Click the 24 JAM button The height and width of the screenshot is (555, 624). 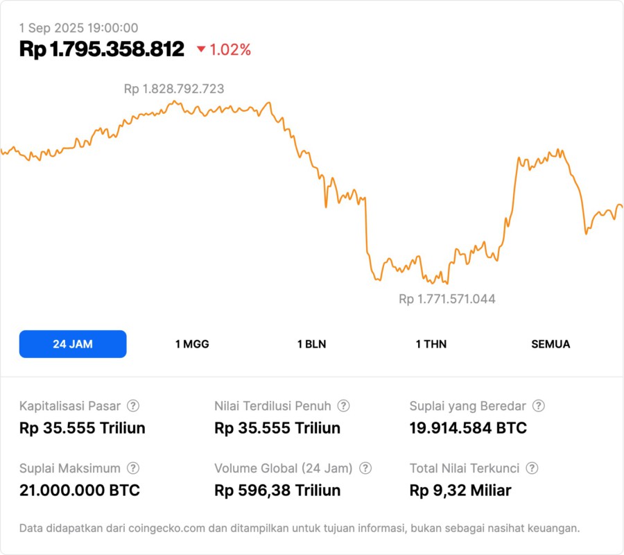pyautogui.click(x=73, y=344)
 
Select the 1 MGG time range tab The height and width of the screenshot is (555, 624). pyautogui.click(x=192, y=344)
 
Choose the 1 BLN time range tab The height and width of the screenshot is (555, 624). pyautogui.click(x=311, y=344)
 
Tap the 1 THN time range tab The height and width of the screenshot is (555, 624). pyautogui.click(x=431, y=344)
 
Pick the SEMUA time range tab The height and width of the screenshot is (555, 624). pyautogui.click(x=551, y=344)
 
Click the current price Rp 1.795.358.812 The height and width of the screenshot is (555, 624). pyautogui.click(x=102, y=49)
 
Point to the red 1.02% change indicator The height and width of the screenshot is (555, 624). pyautogui.click(x=223, y=50)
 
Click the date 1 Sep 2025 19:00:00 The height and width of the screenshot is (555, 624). pyautogui.click(x=78, y=28)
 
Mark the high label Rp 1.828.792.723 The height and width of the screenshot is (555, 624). pyautogui.click(x=174, y=89)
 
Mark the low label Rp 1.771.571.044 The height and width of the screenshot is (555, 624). pyautogui.click(x=447, y=299)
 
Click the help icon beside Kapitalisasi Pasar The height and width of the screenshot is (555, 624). pyautogui.click(x=133, y=406)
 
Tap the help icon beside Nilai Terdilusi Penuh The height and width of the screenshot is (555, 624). pyautogui.click(x=343, y=406)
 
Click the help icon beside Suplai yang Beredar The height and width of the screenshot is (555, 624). pyautogui.click(x=538, y=406)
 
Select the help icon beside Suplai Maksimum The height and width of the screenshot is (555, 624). pyautogui.click(x=133, y=468)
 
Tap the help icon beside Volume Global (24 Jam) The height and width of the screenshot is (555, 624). pyautogui.click(x=365, y=468)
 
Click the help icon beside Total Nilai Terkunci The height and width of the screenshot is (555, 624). pyautogui.click(x=532, y=468)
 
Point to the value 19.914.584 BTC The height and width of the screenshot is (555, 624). pyautogui.click(x=468, y=428)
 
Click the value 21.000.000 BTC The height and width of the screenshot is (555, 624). pyautogui.click(x=80, y=490)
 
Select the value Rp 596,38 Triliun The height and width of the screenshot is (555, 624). pyautogui.click(x=277, y=490)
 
